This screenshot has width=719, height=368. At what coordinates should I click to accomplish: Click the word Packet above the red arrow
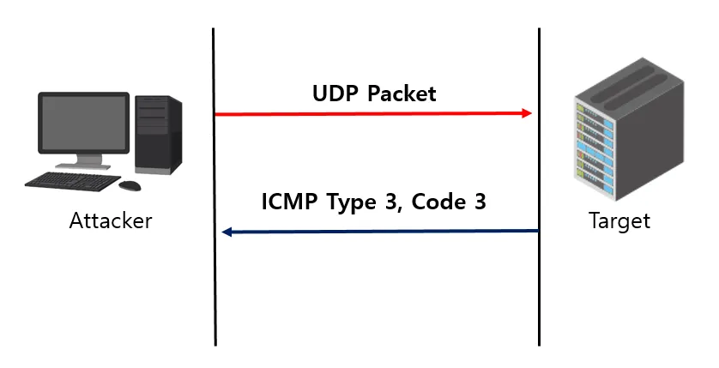pos(402,94)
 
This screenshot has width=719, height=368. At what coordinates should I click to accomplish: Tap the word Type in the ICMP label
pos(352,204)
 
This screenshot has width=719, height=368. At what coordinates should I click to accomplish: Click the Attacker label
pos(111,221)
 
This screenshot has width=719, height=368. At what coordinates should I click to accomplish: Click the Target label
pos(619,221)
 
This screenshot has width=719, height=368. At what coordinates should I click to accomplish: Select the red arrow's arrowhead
pos(526,114)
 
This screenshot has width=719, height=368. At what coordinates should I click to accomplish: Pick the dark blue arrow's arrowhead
pos(227,232)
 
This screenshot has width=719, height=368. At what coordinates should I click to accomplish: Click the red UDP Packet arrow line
pos(369,114)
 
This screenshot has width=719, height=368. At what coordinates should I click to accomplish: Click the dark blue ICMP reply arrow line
pos(386,232)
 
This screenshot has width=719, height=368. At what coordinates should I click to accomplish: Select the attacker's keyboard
pos(72,181)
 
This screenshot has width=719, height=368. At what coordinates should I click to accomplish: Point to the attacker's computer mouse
pos(130,185)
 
